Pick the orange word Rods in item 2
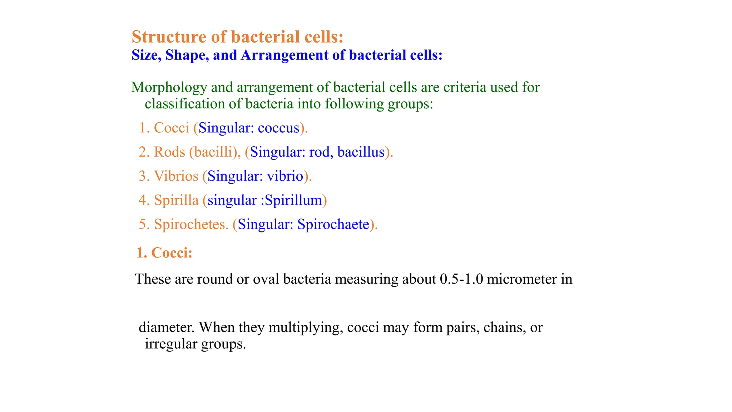(169, 152)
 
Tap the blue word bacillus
(361, 152)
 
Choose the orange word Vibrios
(176, 176)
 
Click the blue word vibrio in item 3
(285, 176)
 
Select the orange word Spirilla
(176, 200)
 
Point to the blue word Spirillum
(293, 200)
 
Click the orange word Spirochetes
(191, 224)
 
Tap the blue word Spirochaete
(333, 224)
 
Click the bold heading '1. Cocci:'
(164, 253)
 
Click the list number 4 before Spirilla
(143, 200)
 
